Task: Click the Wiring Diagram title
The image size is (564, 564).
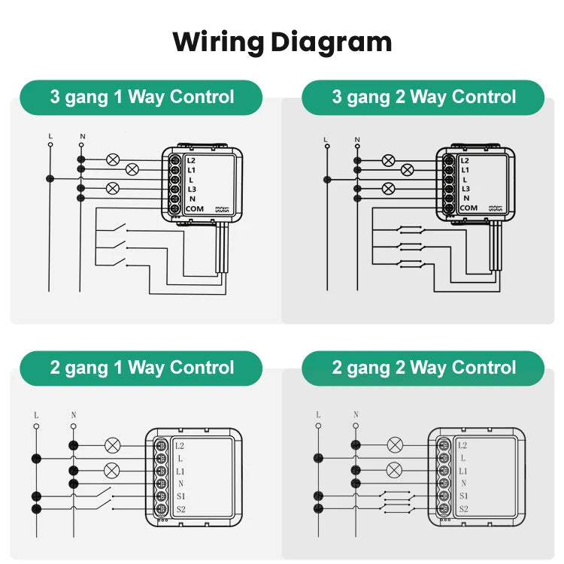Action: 282,41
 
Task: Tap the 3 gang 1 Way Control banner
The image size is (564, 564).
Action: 141,97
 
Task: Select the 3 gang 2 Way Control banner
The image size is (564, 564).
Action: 423,97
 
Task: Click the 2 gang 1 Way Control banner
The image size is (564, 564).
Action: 141,368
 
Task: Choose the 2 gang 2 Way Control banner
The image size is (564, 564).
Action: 423,368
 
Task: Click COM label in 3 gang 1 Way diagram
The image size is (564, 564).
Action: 194,208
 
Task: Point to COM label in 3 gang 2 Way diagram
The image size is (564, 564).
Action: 468,208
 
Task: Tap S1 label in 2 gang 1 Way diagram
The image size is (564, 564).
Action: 180,496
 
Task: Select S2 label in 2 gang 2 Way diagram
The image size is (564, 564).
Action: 463,509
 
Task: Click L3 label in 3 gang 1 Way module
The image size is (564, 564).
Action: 192,189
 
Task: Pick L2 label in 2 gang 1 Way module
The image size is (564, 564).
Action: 180,446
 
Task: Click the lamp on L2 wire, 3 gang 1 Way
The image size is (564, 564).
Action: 113,159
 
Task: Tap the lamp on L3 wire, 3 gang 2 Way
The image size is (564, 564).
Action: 388,188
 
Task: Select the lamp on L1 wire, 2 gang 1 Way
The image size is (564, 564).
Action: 112,471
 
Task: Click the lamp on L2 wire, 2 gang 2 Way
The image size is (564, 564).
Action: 395,445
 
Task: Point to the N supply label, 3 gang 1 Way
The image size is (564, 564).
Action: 81,136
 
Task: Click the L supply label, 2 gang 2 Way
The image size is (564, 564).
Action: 318,414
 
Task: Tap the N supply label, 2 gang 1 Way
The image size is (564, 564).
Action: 73,414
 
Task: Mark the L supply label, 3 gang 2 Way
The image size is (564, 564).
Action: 326,139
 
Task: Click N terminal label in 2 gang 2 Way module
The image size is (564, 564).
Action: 463,484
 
